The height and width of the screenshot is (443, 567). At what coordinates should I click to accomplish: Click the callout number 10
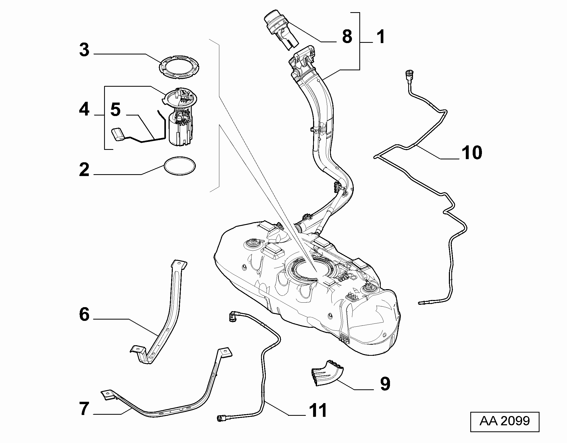point(472,153)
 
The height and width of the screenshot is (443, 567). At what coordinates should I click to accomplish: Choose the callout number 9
point(385,384)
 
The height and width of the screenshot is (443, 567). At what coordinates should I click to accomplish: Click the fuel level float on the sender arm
point(119,135)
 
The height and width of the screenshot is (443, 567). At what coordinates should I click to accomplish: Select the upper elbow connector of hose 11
point(233,316)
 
